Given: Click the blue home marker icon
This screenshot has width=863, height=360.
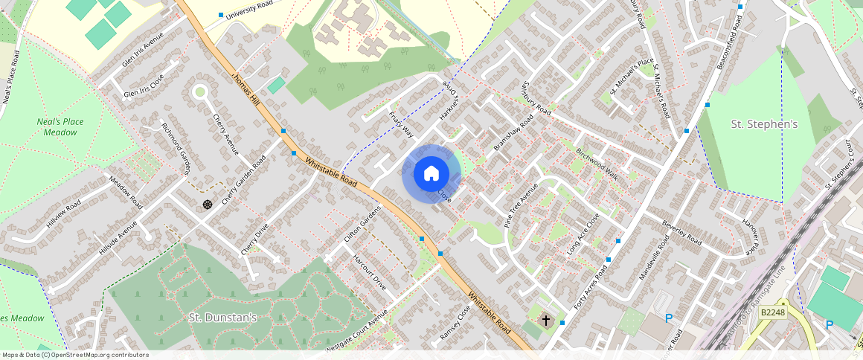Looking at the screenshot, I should click(431, 174).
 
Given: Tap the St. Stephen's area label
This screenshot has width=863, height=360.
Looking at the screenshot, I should click(763, 124).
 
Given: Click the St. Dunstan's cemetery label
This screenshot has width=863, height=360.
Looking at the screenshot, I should click(222, 318).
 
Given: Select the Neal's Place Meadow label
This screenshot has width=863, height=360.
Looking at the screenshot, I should click(60, 126).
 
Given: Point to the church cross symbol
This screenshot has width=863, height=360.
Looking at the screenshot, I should click(545, 321).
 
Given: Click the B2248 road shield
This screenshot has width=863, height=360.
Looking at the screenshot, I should click(774, 313).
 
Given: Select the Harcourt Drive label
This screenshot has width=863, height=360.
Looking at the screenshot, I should click(369, 274).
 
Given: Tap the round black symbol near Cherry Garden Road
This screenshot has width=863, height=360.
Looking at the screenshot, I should click(208, 203).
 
